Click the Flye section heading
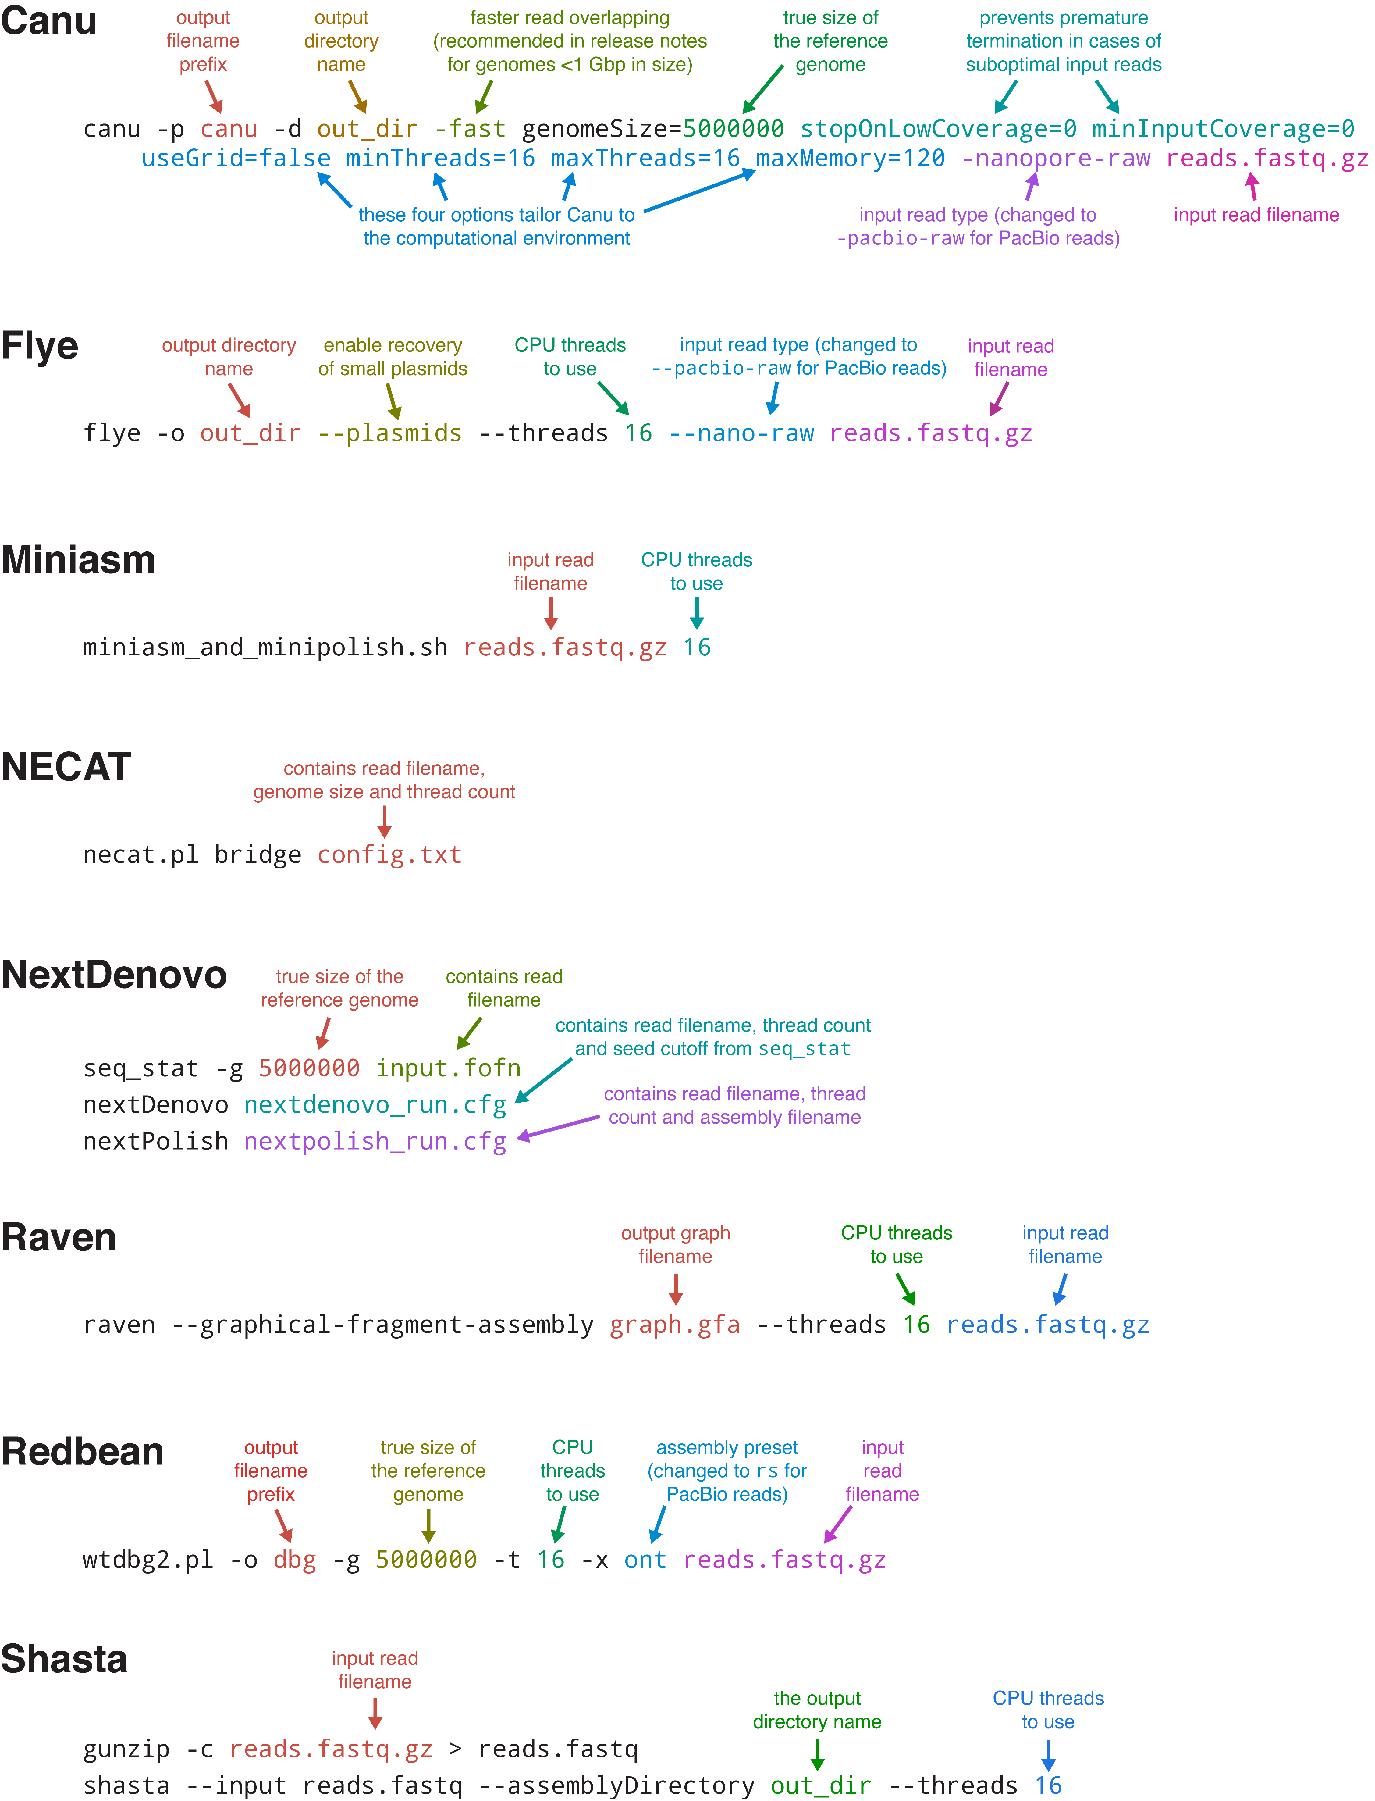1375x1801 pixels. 39,345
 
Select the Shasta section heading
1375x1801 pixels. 64,1659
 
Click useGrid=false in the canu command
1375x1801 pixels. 236,158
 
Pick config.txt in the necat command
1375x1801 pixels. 389,855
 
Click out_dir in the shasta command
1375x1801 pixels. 820,1785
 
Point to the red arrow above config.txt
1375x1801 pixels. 384,821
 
